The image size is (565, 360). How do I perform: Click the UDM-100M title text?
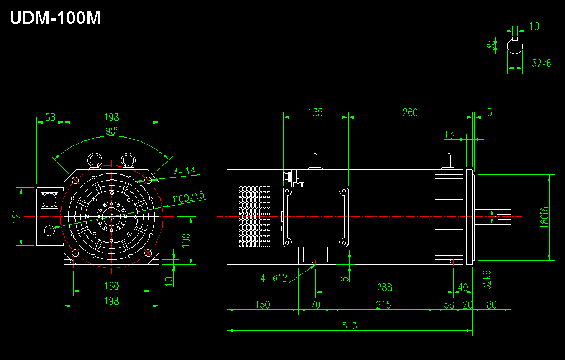55,18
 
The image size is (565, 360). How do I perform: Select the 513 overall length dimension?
350,326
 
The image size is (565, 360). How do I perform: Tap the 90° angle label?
111,131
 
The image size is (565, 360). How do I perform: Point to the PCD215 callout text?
189,198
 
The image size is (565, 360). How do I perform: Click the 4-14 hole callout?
185,171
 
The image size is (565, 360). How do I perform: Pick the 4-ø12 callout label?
274,278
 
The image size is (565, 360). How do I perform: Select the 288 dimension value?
384,287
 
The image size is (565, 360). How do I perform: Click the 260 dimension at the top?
410,112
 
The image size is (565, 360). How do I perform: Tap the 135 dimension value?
316,112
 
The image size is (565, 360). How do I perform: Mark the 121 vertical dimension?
17,216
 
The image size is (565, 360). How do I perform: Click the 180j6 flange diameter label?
544,217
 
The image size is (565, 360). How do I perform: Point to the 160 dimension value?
111,286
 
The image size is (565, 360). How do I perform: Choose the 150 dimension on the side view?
262,305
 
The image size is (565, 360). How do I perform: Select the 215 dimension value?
383,305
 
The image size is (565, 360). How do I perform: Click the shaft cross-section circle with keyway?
515,46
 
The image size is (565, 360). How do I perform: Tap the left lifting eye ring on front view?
95,160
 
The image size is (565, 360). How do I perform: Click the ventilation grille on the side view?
255,216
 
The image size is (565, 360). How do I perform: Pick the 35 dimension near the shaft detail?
491,45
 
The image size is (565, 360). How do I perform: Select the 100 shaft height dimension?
186,240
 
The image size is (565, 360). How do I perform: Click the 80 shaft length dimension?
492,305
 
